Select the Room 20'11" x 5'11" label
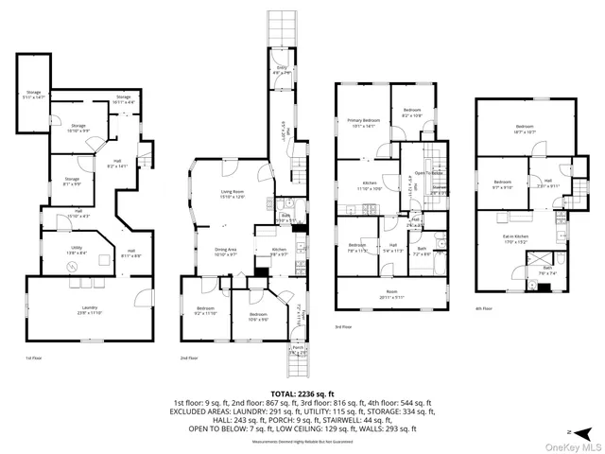click(x=389, y=295)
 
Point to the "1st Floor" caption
click(x=36, y=358)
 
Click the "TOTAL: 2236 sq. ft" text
click(x=302, y=394)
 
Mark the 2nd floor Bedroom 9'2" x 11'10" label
click(x=206, y=311)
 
